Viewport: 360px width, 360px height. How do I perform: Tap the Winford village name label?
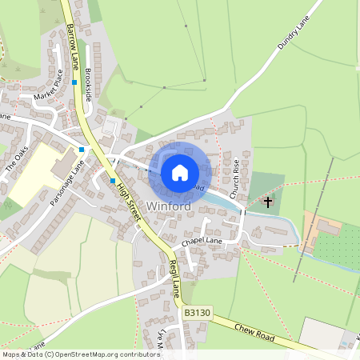pyautogui.click(x=169, y=206)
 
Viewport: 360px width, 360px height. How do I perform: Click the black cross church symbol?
pyautogui.click(x=268, y=202)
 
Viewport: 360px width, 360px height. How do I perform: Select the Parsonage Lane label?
pyautogui.click(x=66, y=184)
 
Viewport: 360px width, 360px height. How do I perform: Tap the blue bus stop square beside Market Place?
pyautogui.click(x=74, y=82)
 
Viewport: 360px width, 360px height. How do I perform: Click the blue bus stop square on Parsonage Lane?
pyautogui.click(x=82, y=149)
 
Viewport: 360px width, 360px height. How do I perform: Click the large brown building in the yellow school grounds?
pyautogui.click(x=62, y=166)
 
